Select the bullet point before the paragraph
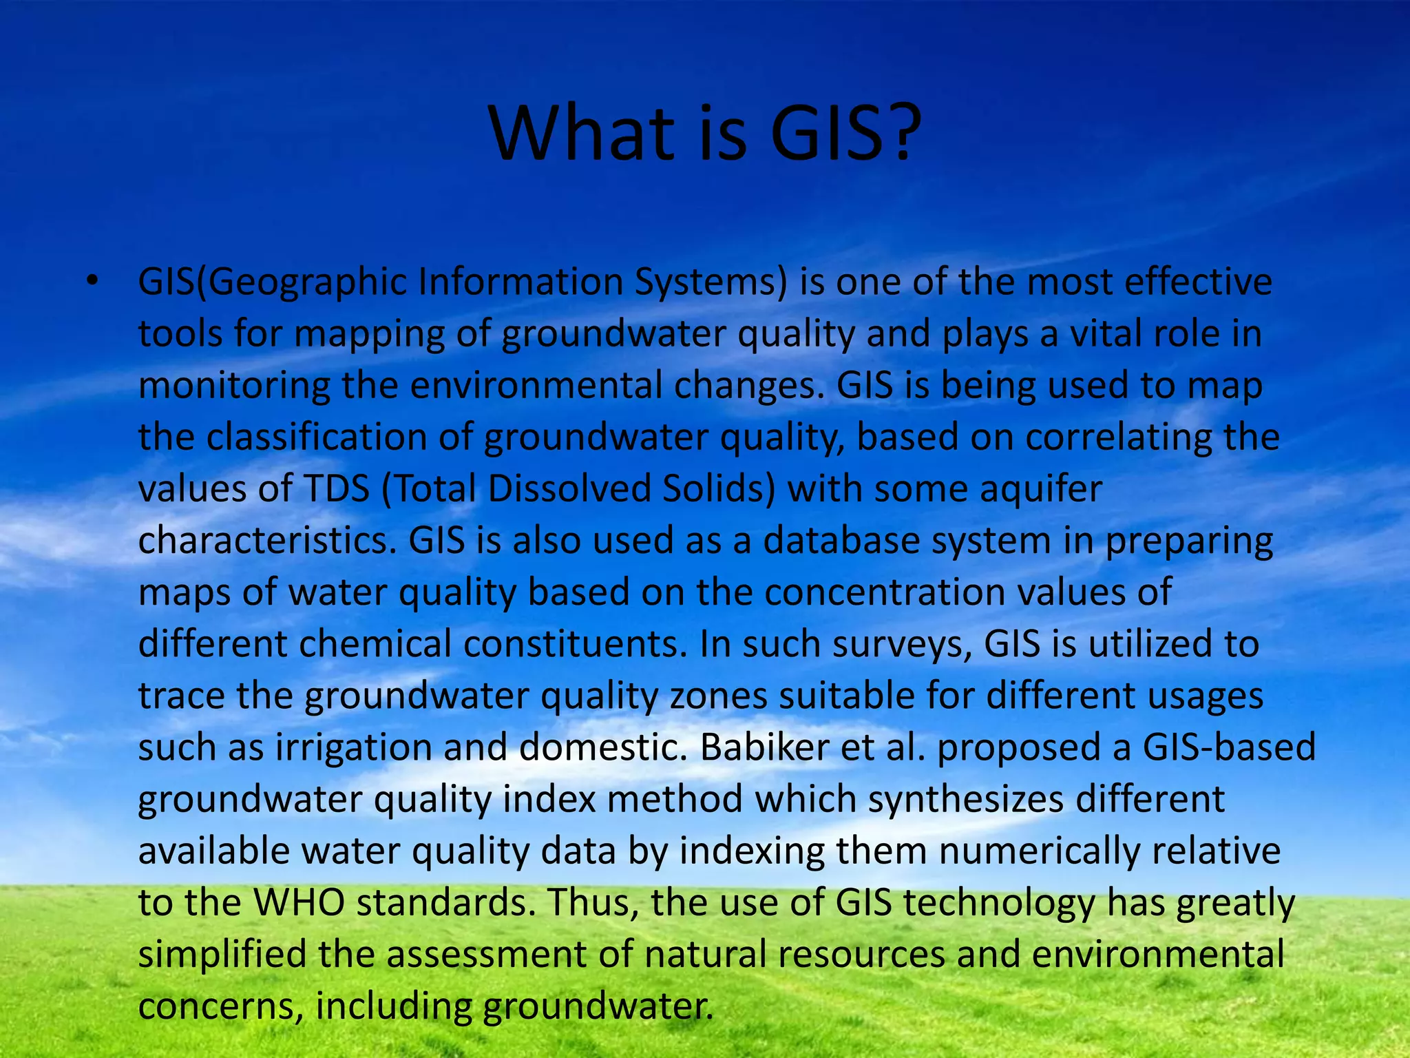pos(93,281)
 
